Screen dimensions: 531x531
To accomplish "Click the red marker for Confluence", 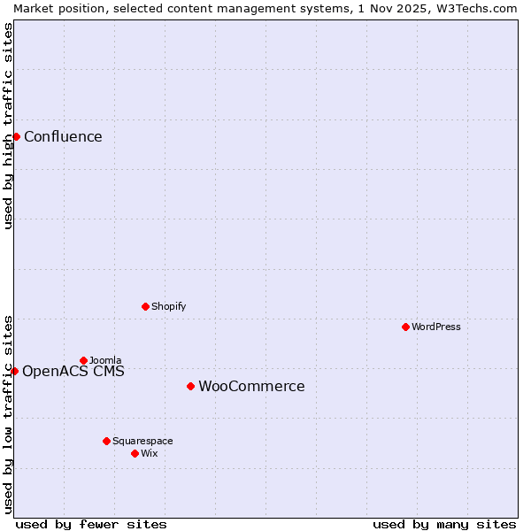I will pos(16,136).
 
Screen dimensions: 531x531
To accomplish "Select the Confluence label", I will pos(63,136).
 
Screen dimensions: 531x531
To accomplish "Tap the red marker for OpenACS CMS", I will pos(14,371).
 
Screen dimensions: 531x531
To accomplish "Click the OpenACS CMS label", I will pos(73,371).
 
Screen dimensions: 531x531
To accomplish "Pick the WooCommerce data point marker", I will pos(190,386).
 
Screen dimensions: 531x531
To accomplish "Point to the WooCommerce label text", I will pos(251,386).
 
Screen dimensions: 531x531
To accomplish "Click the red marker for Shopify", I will pos(145,306).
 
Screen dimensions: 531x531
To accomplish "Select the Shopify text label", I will pos(168,306).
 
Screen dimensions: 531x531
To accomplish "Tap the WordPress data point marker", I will pos(405,327).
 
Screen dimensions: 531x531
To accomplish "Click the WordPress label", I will pos(435,327).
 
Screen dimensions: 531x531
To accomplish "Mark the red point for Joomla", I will pos(83,360).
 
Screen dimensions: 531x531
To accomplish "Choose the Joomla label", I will pos(105,360).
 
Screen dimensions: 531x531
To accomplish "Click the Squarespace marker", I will pos(106,441).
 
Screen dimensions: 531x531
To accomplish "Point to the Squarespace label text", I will pos(142,441).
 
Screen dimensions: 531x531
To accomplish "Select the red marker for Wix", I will pos(135,453).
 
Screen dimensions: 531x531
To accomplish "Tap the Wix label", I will pos(150,453).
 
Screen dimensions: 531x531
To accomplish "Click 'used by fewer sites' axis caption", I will pos(91,524).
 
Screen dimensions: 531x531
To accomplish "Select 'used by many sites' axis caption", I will pos(444,524).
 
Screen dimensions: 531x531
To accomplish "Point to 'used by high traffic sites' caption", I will pos(8,126).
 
